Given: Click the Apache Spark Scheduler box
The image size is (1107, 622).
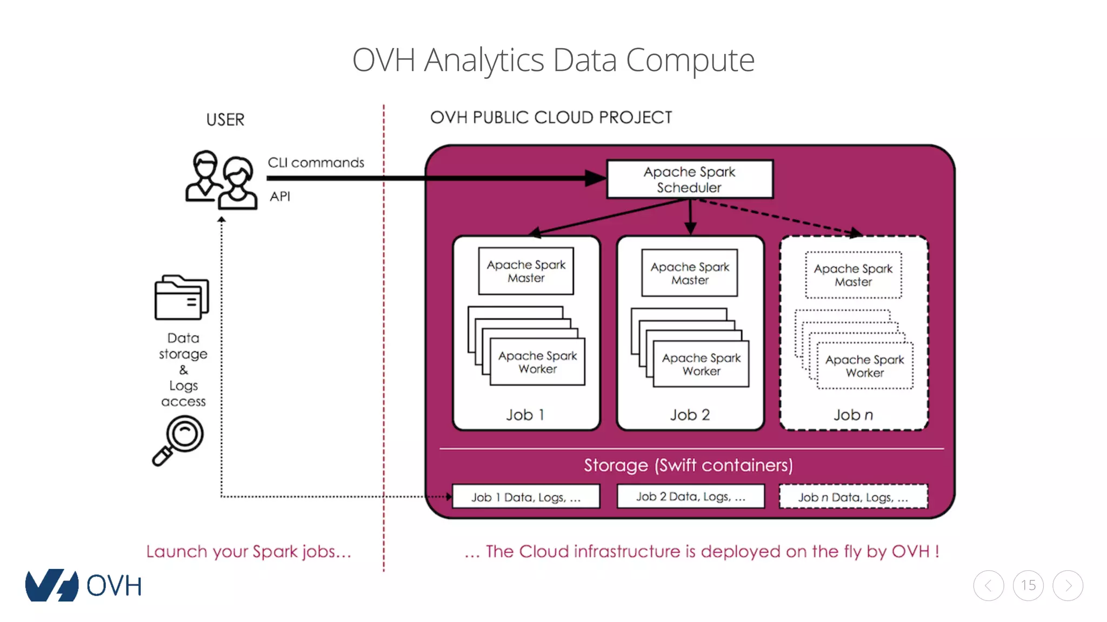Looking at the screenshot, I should (x=690, y=179).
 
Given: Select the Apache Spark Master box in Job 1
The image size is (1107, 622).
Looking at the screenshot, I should (x=526, y=271).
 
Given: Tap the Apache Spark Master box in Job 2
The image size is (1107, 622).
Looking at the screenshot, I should (x=690, y=273).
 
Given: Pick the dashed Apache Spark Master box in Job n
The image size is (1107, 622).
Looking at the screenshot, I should (x=853, y=275).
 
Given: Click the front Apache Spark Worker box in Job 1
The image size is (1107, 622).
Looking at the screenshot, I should (x=538, y=362).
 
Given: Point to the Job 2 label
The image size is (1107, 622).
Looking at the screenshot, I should (x=690, y=415).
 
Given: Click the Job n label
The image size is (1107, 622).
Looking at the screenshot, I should (x=853, y=415).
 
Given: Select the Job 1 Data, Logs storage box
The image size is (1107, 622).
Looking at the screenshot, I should (x=526, y=497).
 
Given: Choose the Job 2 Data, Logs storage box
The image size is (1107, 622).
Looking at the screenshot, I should (x=690, y=496).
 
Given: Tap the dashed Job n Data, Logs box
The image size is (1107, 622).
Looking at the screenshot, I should (x=853, y=497).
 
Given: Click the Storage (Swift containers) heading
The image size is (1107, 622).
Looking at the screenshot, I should (x=688, y=465).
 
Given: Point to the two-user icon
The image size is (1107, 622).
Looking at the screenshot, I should (x=221, y=180).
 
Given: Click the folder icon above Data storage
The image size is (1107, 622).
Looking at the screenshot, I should (x=182, y=298).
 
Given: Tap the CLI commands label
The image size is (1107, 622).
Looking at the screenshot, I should (x=316, y=163).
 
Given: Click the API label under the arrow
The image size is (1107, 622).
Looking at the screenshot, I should (x=280, y=197).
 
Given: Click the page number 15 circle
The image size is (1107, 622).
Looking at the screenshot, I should (x=1028, y=585).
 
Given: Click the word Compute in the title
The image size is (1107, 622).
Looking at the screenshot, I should (x=690, y=60).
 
